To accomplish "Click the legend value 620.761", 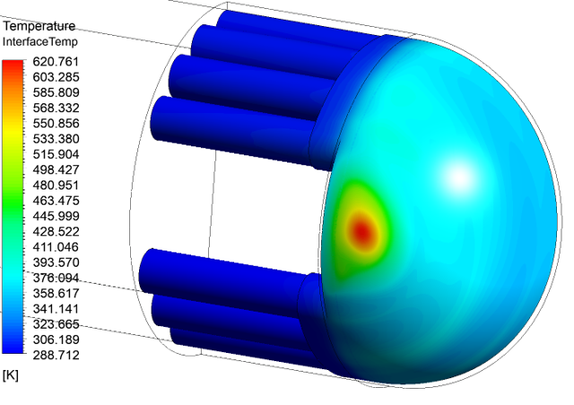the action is [56, 62].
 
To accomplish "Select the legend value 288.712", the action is [56, 355].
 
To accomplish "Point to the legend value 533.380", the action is [56, 139].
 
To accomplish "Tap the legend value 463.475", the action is [56, 201].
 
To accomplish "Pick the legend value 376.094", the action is [56, 277].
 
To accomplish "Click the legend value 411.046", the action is [56, 247].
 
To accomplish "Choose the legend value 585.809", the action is [56, 92].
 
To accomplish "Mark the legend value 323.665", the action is [56, 324].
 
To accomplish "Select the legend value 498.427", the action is [56, 170].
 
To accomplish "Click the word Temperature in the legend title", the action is [39, 26].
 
